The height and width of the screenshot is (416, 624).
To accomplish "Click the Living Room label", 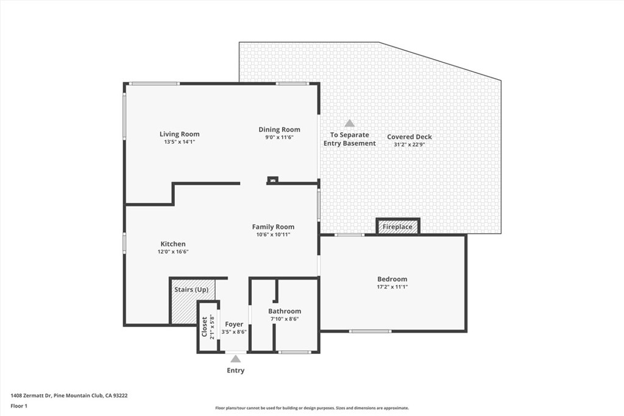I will (179, 134).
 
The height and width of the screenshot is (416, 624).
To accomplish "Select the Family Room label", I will (273, 227).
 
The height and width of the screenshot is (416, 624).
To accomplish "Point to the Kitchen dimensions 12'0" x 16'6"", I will (174, 252).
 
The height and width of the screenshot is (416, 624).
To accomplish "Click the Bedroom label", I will (392, 279).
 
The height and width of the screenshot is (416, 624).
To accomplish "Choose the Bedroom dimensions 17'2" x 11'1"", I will (392, 286).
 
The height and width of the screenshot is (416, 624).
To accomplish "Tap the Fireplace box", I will (397, 227).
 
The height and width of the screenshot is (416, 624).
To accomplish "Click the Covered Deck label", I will (409, 137).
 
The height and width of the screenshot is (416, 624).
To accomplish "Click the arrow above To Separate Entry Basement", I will (349, 124).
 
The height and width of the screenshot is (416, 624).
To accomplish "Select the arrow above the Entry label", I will (235, 359).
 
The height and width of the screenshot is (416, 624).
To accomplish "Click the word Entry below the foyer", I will (235, 370).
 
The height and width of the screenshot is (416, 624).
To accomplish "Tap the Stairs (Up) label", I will (191, 289).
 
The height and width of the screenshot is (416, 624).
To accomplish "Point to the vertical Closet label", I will (204, 326).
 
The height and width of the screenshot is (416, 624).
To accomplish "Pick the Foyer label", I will (234, 324).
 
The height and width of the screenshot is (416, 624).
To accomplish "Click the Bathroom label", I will (285, 311).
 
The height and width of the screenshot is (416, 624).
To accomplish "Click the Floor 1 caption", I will (19, 406).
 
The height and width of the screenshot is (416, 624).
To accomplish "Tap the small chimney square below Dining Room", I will (273, 180).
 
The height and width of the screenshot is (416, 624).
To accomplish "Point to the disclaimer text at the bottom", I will (311, 408).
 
